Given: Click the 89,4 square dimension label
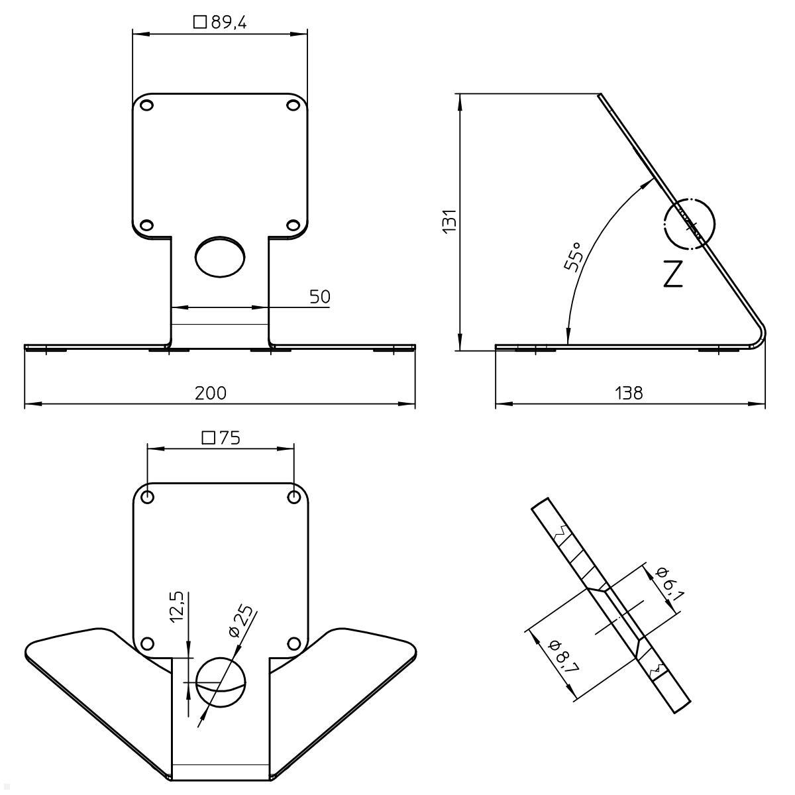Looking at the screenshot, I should (220, 23).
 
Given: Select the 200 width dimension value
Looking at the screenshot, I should (211, 393).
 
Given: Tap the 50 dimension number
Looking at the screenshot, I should (319, 297).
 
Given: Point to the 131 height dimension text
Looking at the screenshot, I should (449, 221).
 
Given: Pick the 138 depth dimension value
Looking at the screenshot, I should (629, 393).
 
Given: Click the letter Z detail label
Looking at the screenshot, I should (672, 274).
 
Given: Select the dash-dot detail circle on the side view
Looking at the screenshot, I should (689, 224).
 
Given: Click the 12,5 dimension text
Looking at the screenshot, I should (176, 608).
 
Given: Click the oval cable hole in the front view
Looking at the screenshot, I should (220, 256).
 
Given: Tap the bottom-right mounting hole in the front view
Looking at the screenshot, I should (292, 225).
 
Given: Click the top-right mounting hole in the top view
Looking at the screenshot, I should (293, 497).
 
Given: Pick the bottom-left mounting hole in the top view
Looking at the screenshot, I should (148, 643).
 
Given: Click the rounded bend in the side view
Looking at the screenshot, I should (759, 335).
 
